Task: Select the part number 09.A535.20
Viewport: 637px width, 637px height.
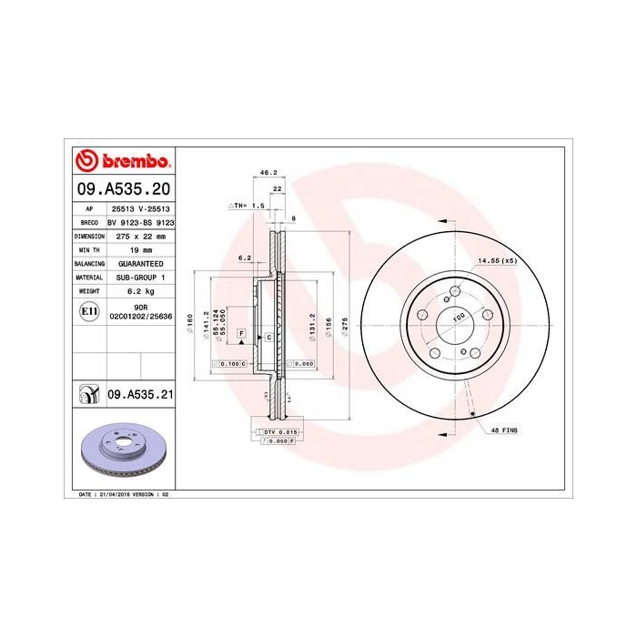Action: point(122,190)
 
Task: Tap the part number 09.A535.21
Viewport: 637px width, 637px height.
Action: point(140,395)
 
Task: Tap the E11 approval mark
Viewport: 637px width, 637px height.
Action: point(89,311)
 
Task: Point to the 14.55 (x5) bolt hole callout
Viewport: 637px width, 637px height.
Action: point(497,261)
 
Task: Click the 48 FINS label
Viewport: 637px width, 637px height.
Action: point(502,427)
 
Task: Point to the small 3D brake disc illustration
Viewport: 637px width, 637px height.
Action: point(122,451)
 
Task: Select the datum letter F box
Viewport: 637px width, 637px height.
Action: point(241,334)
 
